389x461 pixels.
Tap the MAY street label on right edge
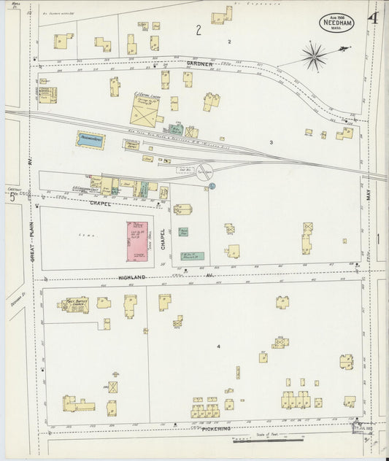click(369, 193)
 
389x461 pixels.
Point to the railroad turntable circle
click(205, 172)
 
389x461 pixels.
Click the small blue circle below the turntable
click(212, 187)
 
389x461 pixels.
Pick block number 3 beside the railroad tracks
click(270, 142)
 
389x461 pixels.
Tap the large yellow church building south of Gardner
click(145, 112)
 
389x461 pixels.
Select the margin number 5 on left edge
click(12, 196)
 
